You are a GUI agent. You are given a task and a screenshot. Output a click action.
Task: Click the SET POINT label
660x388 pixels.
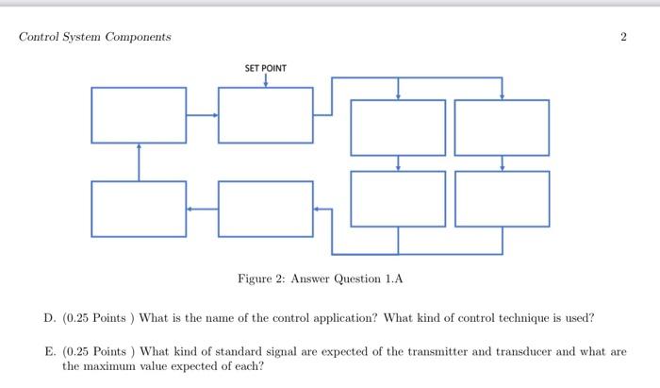click(265, 68)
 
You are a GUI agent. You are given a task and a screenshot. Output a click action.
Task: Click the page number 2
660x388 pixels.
click(623, 37)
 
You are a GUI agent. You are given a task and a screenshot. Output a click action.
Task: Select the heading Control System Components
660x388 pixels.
click(95, 37)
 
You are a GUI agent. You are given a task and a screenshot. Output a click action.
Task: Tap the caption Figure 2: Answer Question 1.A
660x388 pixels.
click(320, 278)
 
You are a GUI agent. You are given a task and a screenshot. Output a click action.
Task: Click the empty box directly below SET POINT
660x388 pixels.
click(265, 115)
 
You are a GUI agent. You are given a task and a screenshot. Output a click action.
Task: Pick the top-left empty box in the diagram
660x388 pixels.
click(139, 115)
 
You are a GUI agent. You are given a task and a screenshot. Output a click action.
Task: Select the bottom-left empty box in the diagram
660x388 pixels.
click(139, 208)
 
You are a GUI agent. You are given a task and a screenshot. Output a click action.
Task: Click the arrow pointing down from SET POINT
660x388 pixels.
click(265, 80)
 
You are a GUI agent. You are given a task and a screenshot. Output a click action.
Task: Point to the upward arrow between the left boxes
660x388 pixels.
click(139, 160)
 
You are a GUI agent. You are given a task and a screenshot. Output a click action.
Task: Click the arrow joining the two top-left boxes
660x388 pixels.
click(202, 115)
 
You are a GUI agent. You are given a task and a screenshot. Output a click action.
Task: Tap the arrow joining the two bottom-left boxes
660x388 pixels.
click(202, 208)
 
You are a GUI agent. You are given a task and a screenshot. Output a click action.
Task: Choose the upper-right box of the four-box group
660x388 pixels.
click(502, 127)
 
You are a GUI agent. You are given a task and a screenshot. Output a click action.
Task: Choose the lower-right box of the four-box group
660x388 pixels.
click(502, 198)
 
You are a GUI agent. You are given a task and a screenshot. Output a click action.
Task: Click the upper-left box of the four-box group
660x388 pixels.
click(398, 127)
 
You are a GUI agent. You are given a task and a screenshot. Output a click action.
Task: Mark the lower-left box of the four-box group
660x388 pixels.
click(398, 198)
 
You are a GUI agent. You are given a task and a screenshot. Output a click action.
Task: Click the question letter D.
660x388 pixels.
click(49, 318)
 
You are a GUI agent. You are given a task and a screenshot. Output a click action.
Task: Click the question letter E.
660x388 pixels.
click(49, 351)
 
